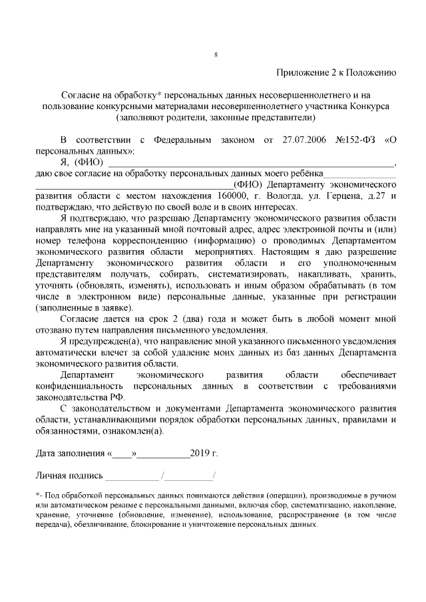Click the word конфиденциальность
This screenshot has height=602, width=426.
coord(79,386)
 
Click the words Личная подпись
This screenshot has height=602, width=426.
coord(69,476)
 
